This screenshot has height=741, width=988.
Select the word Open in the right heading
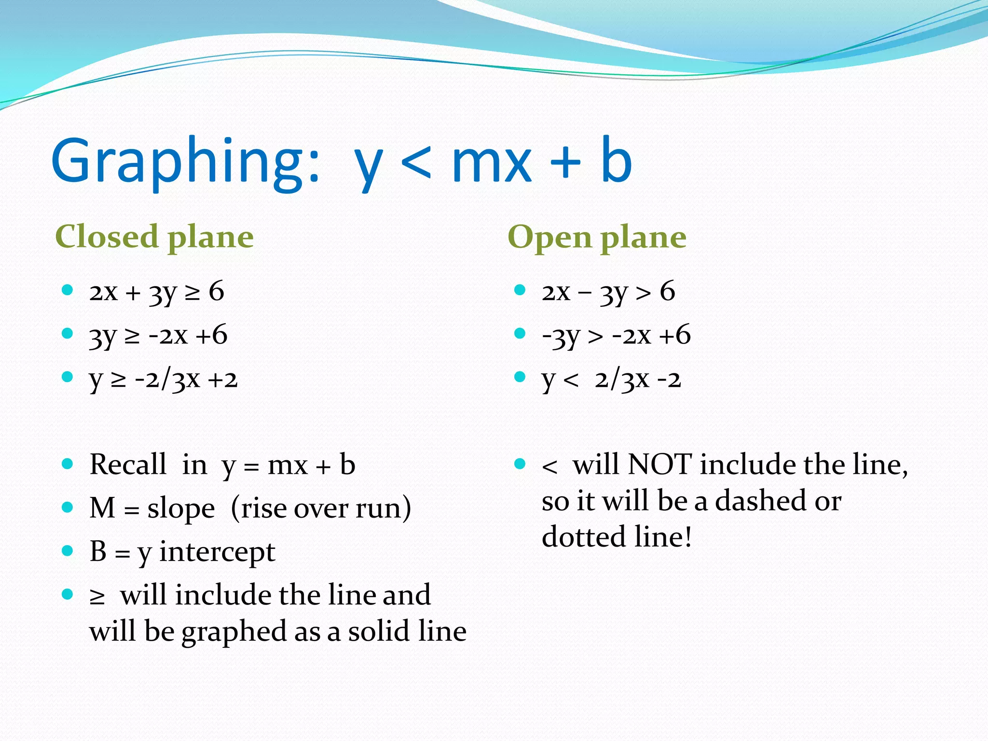(549, 237)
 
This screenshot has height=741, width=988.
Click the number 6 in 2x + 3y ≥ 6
(217, 291)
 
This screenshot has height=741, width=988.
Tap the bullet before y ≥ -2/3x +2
(68, 377)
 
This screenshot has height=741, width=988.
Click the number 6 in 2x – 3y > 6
(667, 291)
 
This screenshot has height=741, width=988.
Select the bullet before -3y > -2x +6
(520, 333)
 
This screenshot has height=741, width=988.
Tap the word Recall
(128, 465)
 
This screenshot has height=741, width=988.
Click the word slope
(181, 508)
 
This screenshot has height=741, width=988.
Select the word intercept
(217, 552)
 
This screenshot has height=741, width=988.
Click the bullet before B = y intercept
(68, 550)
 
